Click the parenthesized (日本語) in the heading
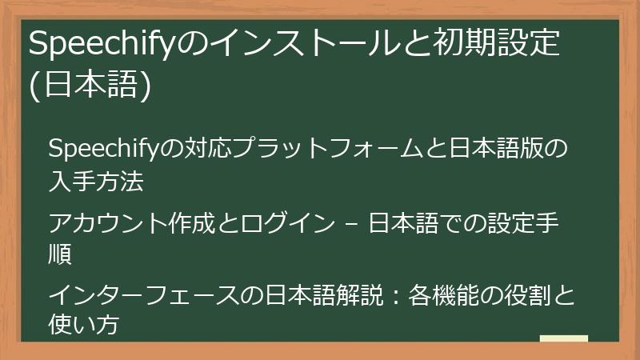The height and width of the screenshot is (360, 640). coord(90,86)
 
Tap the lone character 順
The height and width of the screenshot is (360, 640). coord(61,255)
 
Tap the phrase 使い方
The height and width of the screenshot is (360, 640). coord(85,326)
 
